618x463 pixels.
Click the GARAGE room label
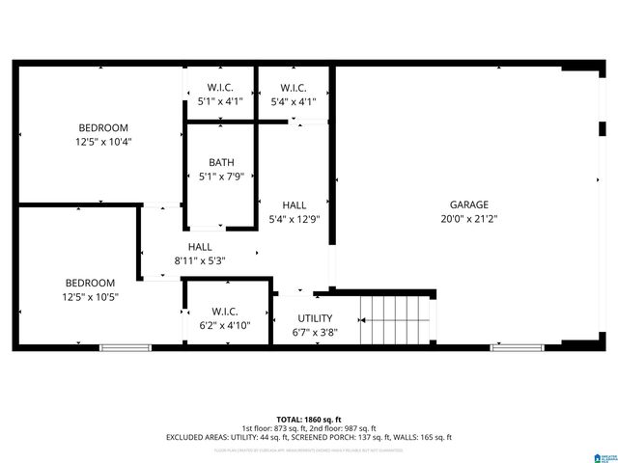[468, 204]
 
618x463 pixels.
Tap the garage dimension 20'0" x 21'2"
[468, 219]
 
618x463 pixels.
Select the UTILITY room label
[315, 318]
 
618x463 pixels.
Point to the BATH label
[221, 162]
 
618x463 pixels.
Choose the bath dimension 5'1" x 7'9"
[221, 177]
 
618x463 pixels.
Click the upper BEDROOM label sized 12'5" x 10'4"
[103, 127]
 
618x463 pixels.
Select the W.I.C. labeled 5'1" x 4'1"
[221, 100]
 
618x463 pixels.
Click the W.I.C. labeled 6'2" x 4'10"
[225, 326]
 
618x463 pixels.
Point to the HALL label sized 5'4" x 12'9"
[295, 205]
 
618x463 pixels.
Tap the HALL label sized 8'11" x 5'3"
[200, 247]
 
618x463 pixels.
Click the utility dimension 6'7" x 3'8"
[315, 333]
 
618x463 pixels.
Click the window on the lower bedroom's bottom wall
[126, 347]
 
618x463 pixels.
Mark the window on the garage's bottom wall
[517, 347]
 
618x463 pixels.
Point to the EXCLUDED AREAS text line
[309, 437]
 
